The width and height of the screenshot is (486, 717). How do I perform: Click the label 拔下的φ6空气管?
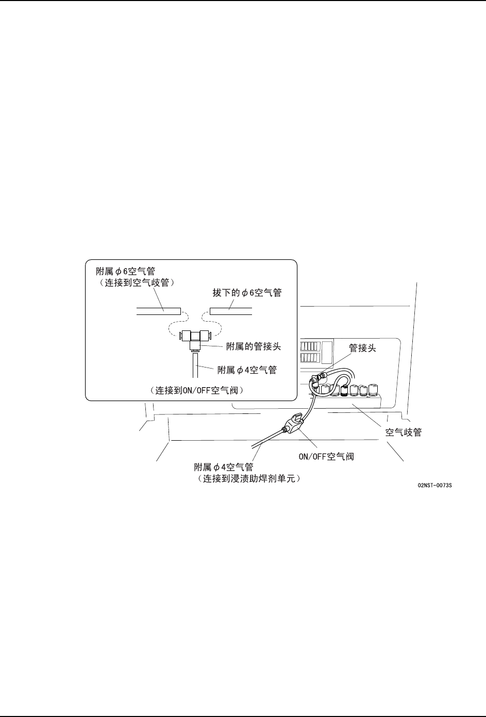[x=247, y=292]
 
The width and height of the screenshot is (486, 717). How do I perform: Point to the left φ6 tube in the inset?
[x=158, y=311]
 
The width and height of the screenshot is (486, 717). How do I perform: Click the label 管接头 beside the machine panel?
[x=363, y=348]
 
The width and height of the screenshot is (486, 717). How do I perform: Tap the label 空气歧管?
[x=404, y=432]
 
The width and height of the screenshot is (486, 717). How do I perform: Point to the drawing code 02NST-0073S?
[x=435, y=486]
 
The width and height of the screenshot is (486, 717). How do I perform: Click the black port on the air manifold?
[x=344, y=390]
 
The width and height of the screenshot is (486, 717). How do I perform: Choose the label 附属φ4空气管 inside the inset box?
[x=247, y=370]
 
